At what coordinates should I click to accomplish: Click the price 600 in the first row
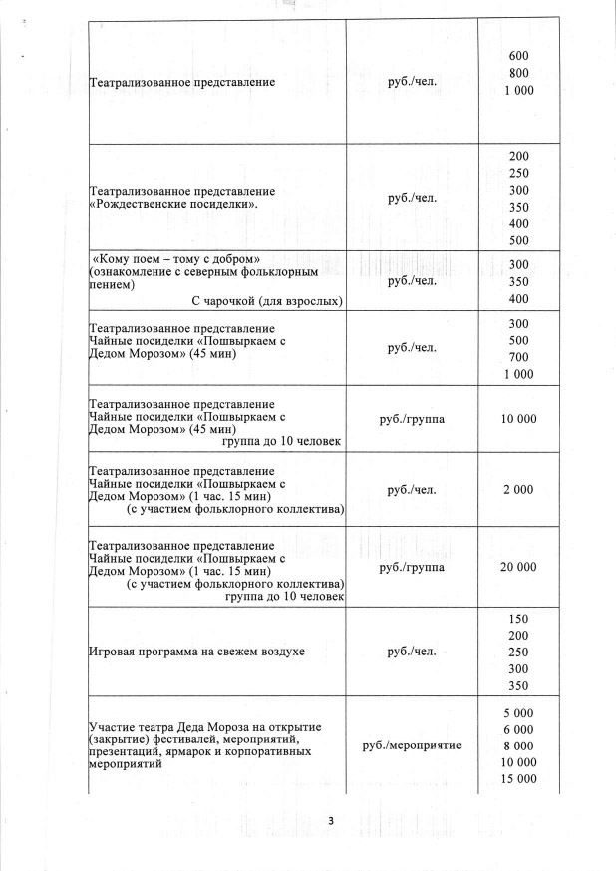pyautogui.click(x=518, y=55)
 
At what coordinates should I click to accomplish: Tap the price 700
pyautogui.click(x=518, y=357)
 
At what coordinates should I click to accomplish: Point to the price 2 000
pyautogui.click(x=518, y=489)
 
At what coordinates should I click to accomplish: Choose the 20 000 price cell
pyautogui.click(x=518, y=567)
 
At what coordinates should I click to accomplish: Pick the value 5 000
pyautogui.click(x=518, y=713)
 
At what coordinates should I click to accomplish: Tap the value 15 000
pyautogui.click(x=518, y=778)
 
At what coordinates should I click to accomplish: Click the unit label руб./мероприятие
pyautogui.click(x=413, y=746)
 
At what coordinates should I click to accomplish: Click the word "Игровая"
pyautogui.click(x=113, y=652)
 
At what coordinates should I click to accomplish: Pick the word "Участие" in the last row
pyautogui.click(x=113, y=725)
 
